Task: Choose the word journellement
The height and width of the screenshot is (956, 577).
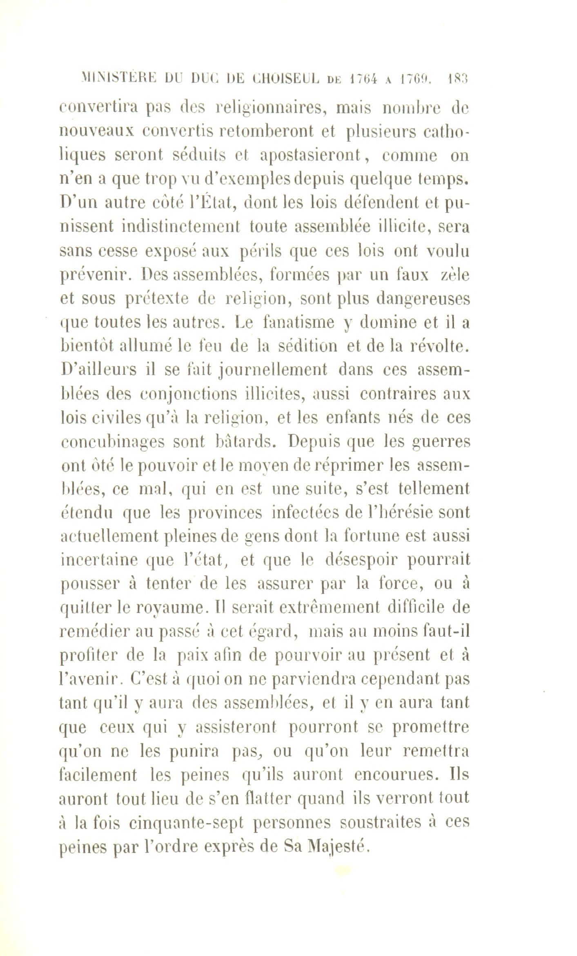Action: (x=274, y=370)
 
